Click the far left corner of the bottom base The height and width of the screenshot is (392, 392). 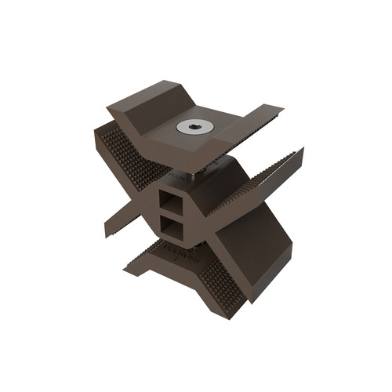pyautogui.click(x=125, y=271)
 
